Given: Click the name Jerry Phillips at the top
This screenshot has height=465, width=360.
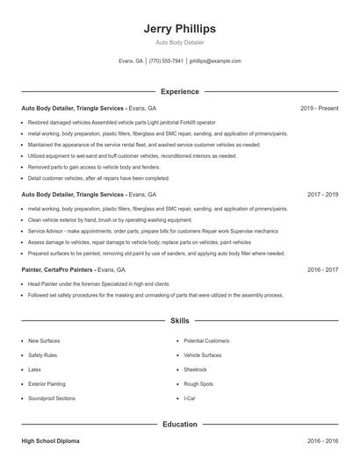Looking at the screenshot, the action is click(x=179, y=29).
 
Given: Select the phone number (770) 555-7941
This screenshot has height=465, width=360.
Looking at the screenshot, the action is click(x=166, y=61).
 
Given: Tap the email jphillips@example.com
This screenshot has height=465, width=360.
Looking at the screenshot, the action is click(x=215, y=61).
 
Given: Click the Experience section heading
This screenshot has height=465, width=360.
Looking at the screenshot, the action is click(x=179, y=91).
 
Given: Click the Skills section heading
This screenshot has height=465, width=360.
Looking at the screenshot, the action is click(x=179, y=322).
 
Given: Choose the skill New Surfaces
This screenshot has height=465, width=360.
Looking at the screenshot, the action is click(x=44, y=340).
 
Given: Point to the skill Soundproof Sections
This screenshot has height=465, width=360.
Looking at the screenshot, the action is click(x=51, y=398).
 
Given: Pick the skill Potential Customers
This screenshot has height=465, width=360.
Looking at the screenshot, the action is click(x=206, y=340).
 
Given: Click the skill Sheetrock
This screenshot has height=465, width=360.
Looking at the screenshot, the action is click(x=196, y=369).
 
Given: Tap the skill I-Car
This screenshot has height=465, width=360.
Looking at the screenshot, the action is click(x=190, y=398).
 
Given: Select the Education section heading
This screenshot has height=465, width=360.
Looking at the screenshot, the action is click(x=179, y=424).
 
